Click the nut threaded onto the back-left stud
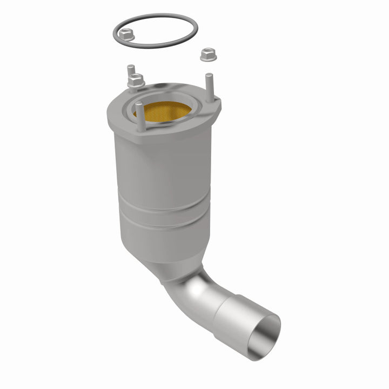[x=135, y=82]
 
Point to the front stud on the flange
[x=140, y=116]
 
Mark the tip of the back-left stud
[x=130, y=68]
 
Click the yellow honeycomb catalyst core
[x=165, y=110]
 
